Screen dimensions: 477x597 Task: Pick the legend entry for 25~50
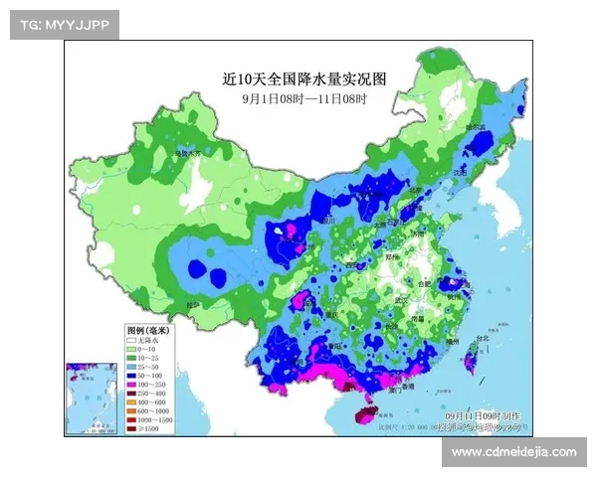pyautogui.click(x=149, y=368)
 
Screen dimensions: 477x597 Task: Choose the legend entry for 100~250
pyautogui.click(x=151, y=386)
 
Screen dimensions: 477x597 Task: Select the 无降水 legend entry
pyautogui.click(x=149, y=340)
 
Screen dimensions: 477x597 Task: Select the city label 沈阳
pyautogui.click(x=459, y=172)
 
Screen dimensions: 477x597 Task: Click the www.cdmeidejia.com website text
pyautogui.click(x=513, y=453)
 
